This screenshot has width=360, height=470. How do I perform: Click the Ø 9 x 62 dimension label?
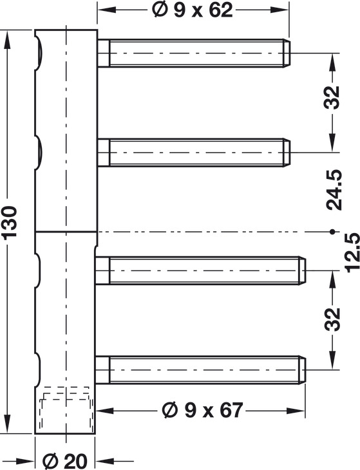click(192, 10)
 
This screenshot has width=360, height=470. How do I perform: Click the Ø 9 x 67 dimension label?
click(202, 410)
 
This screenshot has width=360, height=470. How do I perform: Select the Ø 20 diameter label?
click(65, 460)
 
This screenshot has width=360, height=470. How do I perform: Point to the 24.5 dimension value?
click(334, 190)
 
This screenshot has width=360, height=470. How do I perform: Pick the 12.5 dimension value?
click(352, 252)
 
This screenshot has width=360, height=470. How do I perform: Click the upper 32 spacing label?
click(332, 97)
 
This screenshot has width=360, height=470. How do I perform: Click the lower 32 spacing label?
click(332, 319)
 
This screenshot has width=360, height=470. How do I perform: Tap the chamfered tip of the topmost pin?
click(287, 53)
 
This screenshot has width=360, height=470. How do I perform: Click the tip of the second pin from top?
click(287, 153)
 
